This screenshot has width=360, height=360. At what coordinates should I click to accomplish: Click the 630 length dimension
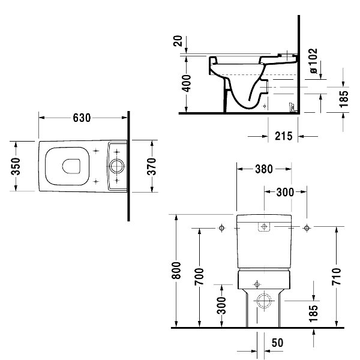(82, 118)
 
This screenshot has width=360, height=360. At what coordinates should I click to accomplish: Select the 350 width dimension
(16, 166)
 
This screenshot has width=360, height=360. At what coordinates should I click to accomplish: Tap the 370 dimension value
(152, 166)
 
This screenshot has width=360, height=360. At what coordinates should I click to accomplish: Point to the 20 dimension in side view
(178, 41)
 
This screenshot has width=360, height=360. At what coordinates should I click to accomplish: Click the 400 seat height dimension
(187, 83)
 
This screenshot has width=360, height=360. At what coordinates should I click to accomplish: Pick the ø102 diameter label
(314, 61)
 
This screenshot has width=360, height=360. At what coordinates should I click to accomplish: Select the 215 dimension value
(284, 136)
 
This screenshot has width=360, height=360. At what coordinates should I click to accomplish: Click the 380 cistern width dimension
(264, 169)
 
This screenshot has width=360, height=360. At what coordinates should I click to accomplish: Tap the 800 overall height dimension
(176, 270)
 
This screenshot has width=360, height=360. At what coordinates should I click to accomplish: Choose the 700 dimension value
(199, 277)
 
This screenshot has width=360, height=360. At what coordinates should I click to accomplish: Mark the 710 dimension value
(337, 277)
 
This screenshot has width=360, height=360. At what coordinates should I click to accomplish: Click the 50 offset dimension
(278, 343)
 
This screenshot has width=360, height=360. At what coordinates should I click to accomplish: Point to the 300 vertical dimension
(222, 305)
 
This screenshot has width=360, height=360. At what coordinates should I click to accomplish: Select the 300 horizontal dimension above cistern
(285, 192)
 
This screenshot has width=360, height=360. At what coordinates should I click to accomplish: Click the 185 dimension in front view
(314, 314)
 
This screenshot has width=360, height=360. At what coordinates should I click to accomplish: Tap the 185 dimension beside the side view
(344, 99)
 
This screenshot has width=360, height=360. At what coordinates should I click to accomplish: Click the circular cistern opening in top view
(116, 166)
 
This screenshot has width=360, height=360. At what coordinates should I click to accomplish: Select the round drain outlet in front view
(264, 301)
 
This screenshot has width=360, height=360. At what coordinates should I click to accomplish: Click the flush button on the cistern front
(264, 227)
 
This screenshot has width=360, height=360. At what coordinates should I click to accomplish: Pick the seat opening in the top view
(71, 166)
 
